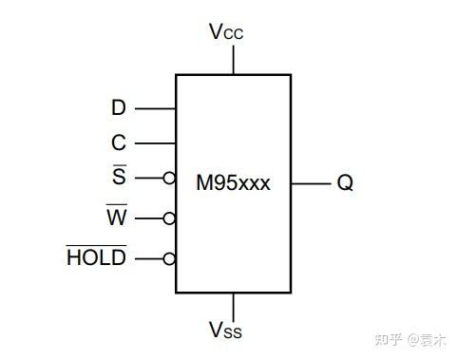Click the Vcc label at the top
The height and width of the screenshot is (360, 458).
[x=226, y=31]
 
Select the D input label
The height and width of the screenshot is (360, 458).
[x=119, y=108]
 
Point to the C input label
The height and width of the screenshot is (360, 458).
[x=119, y=143]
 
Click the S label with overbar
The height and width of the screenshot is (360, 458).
[x=119, y=178]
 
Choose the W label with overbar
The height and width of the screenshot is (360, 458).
[x=116, y=218]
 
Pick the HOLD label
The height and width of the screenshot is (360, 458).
[x=96, y=257]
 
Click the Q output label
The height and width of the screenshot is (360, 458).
[x=344, y=183]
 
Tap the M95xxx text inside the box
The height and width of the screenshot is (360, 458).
[x=233, y=183]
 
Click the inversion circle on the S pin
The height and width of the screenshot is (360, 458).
[x=169, y=178]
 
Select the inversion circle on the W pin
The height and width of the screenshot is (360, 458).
[x=169, y=218]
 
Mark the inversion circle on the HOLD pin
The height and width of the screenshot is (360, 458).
[x=169, y=258]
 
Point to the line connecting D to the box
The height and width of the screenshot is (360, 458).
[x=155, y=108]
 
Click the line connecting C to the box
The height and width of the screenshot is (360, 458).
[x=155, y=143]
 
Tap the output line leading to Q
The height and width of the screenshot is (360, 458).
[x=308, y=183]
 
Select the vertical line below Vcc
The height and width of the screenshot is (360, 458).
[x=233, y=58]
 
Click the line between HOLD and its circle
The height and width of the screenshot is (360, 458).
[x=149, y=258]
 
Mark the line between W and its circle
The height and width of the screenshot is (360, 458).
[x=149, y=218]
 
